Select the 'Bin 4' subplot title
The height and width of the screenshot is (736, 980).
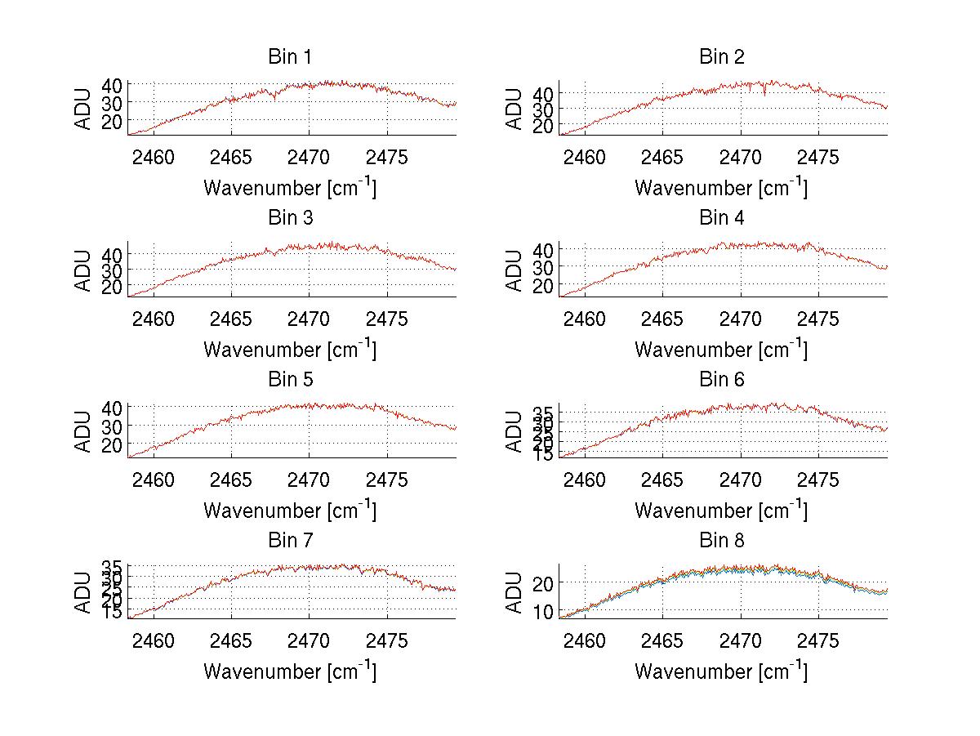(x=721, y=218)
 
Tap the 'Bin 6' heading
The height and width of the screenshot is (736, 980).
(x=721, y=380)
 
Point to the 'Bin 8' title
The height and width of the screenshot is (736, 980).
(x=721, y=541)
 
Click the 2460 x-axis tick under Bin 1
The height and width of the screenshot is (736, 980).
(x=154, y=158)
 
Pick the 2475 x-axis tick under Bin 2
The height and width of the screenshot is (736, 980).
(x=818, y=158)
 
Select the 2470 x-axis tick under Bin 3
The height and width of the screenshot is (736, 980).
(x=310, y=319)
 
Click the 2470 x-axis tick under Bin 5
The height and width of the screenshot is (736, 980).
(x=310, y=480)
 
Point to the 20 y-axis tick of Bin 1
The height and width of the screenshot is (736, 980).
(x=113, y=121)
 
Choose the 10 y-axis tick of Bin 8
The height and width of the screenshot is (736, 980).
(x=544, y=611)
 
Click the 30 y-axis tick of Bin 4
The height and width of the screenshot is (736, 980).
(x=544, y=266)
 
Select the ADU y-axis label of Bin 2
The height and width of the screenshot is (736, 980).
(x=514, y=108)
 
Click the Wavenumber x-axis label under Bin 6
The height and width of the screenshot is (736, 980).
(x=721, y=511)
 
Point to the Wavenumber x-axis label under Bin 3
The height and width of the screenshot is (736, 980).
(x=289, y=350)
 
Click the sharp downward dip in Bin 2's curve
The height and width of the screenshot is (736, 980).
(x=764, y=95)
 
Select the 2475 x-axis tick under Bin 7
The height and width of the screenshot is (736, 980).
(x=387, y=641)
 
